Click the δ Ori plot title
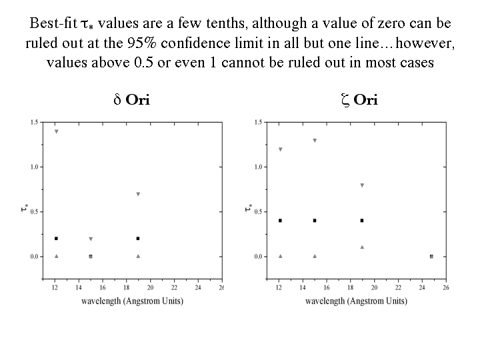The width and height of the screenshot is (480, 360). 131,101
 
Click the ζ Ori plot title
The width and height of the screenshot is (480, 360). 359,101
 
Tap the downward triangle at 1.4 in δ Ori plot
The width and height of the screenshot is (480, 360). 56,131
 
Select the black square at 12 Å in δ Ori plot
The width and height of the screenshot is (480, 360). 56,238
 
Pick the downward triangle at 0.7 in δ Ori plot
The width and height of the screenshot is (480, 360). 138,194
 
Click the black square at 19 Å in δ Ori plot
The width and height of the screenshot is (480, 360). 138,238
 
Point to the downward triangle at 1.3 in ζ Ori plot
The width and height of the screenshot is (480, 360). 315,141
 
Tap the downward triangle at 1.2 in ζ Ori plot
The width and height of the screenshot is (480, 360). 280,149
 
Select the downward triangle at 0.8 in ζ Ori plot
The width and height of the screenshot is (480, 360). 362,185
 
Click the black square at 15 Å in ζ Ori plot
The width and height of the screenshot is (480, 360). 315,221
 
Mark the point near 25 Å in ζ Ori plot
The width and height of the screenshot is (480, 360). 431,256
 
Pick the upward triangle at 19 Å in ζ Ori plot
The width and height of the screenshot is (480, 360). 362,247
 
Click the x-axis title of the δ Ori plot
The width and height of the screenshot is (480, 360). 132,301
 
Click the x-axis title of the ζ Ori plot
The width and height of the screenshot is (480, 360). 356,301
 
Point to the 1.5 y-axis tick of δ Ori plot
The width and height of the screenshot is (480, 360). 34,122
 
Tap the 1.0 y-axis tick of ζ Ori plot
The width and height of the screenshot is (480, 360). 258,167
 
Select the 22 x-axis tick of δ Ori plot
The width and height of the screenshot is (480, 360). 174,288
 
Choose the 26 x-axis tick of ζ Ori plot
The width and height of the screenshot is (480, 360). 445,288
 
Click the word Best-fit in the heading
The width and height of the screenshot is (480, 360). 53,23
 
